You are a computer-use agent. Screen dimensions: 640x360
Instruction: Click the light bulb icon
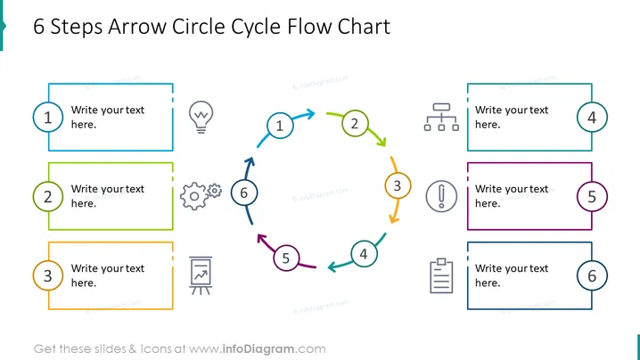[x=201, y=117]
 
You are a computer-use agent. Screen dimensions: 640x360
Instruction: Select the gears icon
[x=201, y=195]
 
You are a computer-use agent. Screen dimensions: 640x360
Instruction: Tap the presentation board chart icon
[x=201, y=275]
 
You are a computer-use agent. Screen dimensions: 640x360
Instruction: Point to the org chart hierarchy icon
[x=441, y=117]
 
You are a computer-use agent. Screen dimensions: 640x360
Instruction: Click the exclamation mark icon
[x=441, y=196]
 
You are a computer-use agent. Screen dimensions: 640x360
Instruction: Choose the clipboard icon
[x=441, y=275]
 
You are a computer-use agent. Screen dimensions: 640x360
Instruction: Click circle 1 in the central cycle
[x=280, y=126]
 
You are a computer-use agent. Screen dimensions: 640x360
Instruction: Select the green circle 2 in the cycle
[x=355, y=123]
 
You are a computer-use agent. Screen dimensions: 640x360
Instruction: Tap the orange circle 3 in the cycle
[x=398, y=185]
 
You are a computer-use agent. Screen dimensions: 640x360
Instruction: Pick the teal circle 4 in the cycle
[x=364, y=254]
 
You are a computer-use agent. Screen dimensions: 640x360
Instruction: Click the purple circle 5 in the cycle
[x=286, y=258]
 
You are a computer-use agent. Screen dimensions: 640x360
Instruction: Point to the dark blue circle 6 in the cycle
[x=243, y=192]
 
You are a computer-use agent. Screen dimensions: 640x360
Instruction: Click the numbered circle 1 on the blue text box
[x=48, y=118]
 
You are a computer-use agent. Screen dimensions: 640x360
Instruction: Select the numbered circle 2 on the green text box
[x=48, y=196]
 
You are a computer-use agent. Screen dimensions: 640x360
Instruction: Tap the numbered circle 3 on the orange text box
[x=48, y=275]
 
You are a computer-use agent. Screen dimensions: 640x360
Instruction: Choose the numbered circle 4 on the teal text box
[x=592, y=118]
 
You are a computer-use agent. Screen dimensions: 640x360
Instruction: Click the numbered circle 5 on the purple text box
[x=592, y=196]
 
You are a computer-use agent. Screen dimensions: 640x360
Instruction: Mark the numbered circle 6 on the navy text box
[x=592, y=275]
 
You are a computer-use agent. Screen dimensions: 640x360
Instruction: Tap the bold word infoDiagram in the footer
[x=258, y=349]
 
